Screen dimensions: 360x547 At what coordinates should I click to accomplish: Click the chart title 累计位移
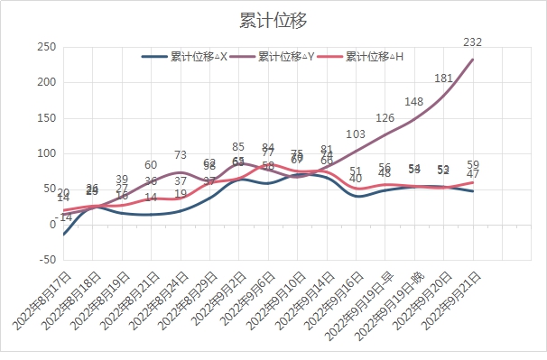[x=273, y=20]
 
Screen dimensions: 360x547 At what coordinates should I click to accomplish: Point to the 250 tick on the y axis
[x=45, y=47]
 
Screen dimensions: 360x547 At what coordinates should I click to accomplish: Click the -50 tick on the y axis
[x=45, y=260]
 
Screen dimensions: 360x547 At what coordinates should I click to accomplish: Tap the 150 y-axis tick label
[x=45, y=118]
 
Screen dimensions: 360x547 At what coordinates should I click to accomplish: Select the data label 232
[x=473, y=42]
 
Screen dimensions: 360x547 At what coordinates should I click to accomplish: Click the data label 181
[x=443, y=78]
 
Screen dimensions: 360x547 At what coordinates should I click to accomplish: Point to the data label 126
[x=385, y=117]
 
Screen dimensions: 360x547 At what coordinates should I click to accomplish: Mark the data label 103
[x=356, y=134]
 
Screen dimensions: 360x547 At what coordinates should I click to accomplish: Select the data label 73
[x=181, y=155]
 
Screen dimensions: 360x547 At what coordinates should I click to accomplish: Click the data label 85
[x=238, y=146]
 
